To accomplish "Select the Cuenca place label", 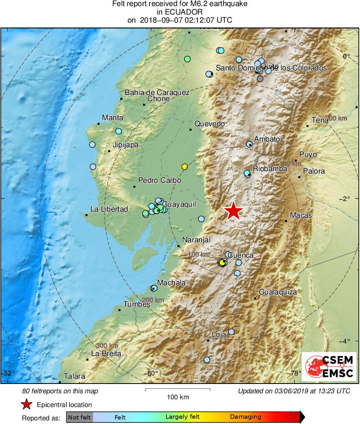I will [x=241, y=255].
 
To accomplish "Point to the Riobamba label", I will [x=270, y=169].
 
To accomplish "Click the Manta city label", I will [x=113, y=118].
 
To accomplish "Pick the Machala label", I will [x=171, y=283].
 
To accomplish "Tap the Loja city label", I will [x=219, y=335].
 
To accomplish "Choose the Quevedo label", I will [x=209, y=124].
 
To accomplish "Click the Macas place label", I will [x=301, y=215].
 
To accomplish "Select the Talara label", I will [x=74, y=376].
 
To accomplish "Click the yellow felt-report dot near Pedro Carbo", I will [x=185, y=166].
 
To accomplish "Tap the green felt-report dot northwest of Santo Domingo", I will [x=187, y=59].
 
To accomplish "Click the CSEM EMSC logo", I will [x=329, y=367].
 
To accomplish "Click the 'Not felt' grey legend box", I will [x=79, y=417].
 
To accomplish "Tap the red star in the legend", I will [x=27, y=404].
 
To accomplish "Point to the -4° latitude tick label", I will [x=347, y=341].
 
